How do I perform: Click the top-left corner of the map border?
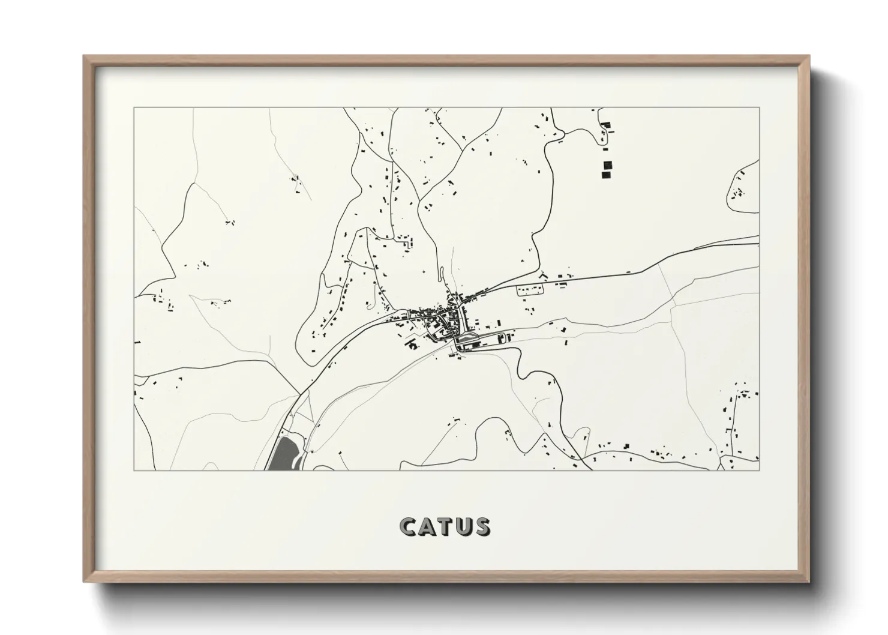pos(134,108)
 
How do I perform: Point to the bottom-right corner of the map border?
pos(760,470)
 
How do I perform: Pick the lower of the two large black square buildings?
pos(606,175)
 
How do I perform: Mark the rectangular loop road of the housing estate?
pos(530,290)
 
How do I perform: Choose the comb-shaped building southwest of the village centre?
pos(412,345)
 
